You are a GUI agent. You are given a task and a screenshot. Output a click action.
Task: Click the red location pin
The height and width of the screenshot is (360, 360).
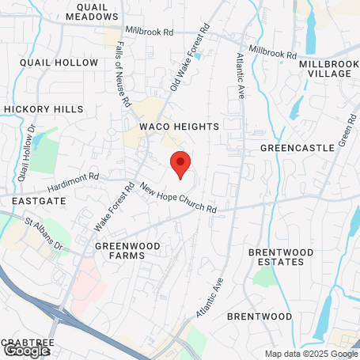(x=180, y=164)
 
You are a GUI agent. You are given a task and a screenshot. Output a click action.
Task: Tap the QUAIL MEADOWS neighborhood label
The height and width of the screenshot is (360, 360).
(x=93, y=12)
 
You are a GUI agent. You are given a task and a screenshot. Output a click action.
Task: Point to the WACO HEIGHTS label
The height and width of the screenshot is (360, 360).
(x=172, y=127)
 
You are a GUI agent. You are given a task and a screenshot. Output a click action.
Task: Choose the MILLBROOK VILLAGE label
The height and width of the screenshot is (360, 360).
(x=325, y=68)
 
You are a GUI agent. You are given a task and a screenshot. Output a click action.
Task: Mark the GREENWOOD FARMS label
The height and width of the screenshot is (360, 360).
(x=127, y=251)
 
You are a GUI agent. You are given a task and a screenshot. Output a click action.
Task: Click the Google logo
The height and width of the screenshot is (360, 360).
(x=26, y=349)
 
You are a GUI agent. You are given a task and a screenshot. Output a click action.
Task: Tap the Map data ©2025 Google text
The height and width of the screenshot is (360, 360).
(x=310, y=354)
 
